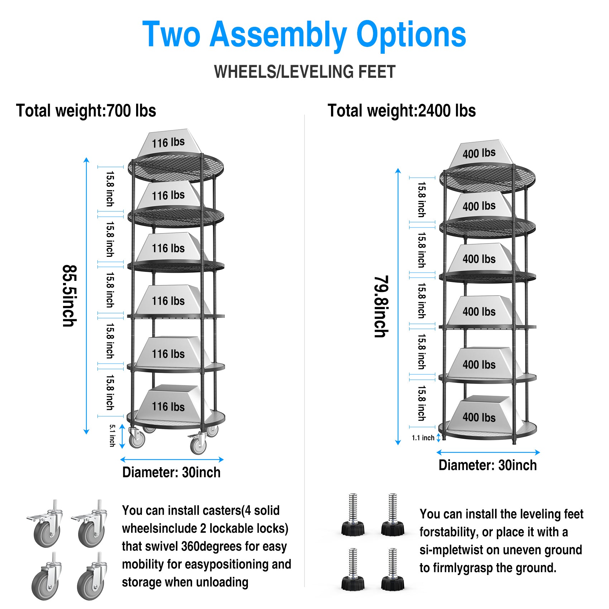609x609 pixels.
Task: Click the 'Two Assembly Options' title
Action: [x=304, y=34]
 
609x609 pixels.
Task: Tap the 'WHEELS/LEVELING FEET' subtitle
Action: [x=304, y=72]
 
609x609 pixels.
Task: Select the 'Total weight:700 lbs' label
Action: [x=86, y=111]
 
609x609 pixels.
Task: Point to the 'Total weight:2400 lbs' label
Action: [x=402, y=111]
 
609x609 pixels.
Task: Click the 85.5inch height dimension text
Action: [x=69, y=296]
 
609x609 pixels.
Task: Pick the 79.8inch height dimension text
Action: [x=381, y=307]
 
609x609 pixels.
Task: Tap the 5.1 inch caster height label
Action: [x=112, y=436]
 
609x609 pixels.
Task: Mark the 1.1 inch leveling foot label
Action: [x=423, y=438]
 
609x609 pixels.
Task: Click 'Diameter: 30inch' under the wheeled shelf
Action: [x=171, y=473]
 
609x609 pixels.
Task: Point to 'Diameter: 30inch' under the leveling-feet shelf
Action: [x=488, y=465]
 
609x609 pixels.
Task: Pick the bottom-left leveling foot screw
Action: [x=353, y=569]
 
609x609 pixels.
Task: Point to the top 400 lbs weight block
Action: [x=479, y=153]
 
